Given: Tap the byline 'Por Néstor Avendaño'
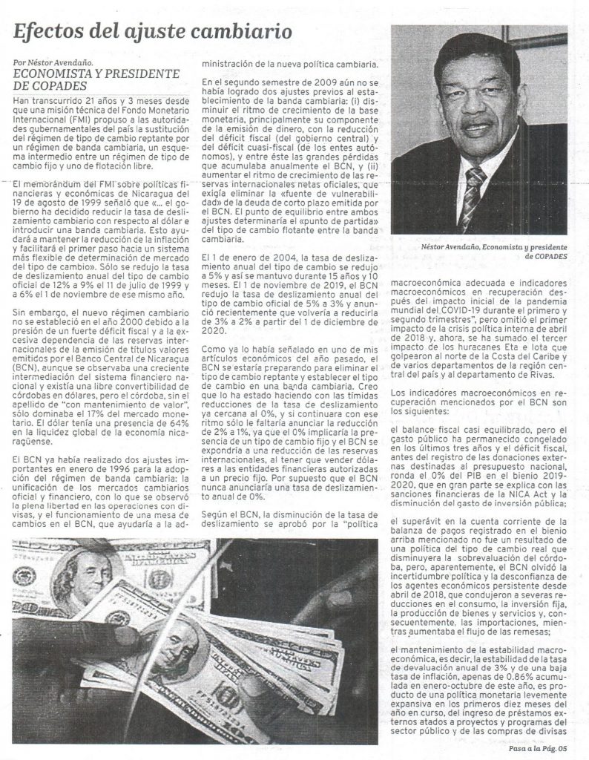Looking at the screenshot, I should pos(59,64).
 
